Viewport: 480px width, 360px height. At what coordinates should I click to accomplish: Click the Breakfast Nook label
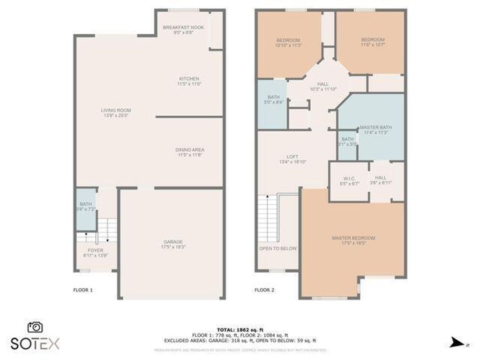tap(183, 28)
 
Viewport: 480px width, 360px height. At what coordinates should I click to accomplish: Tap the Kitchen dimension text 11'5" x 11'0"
tap(188, 84)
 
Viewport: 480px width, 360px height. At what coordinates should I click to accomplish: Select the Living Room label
tap(115, 110)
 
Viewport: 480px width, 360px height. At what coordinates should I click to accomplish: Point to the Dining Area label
tap(190, 150)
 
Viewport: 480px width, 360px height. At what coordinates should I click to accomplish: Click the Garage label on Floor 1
tap(173, 241)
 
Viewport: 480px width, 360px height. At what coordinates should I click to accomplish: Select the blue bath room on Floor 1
tap(86, 209)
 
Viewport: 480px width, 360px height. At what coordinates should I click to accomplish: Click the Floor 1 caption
tap(83, 290)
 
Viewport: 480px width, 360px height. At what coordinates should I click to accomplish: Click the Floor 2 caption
tap(264, 290)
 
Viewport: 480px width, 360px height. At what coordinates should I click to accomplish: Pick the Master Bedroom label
tap(353, 238)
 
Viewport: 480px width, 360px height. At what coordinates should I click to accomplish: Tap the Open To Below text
tap(278, 248)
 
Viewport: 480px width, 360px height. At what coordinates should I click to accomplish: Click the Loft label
tap(292, 157)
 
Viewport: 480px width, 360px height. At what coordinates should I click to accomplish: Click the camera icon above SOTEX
tap(35, 327)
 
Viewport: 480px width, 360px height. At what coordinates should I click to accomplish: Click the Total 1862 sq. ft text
tap(240, 330)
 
